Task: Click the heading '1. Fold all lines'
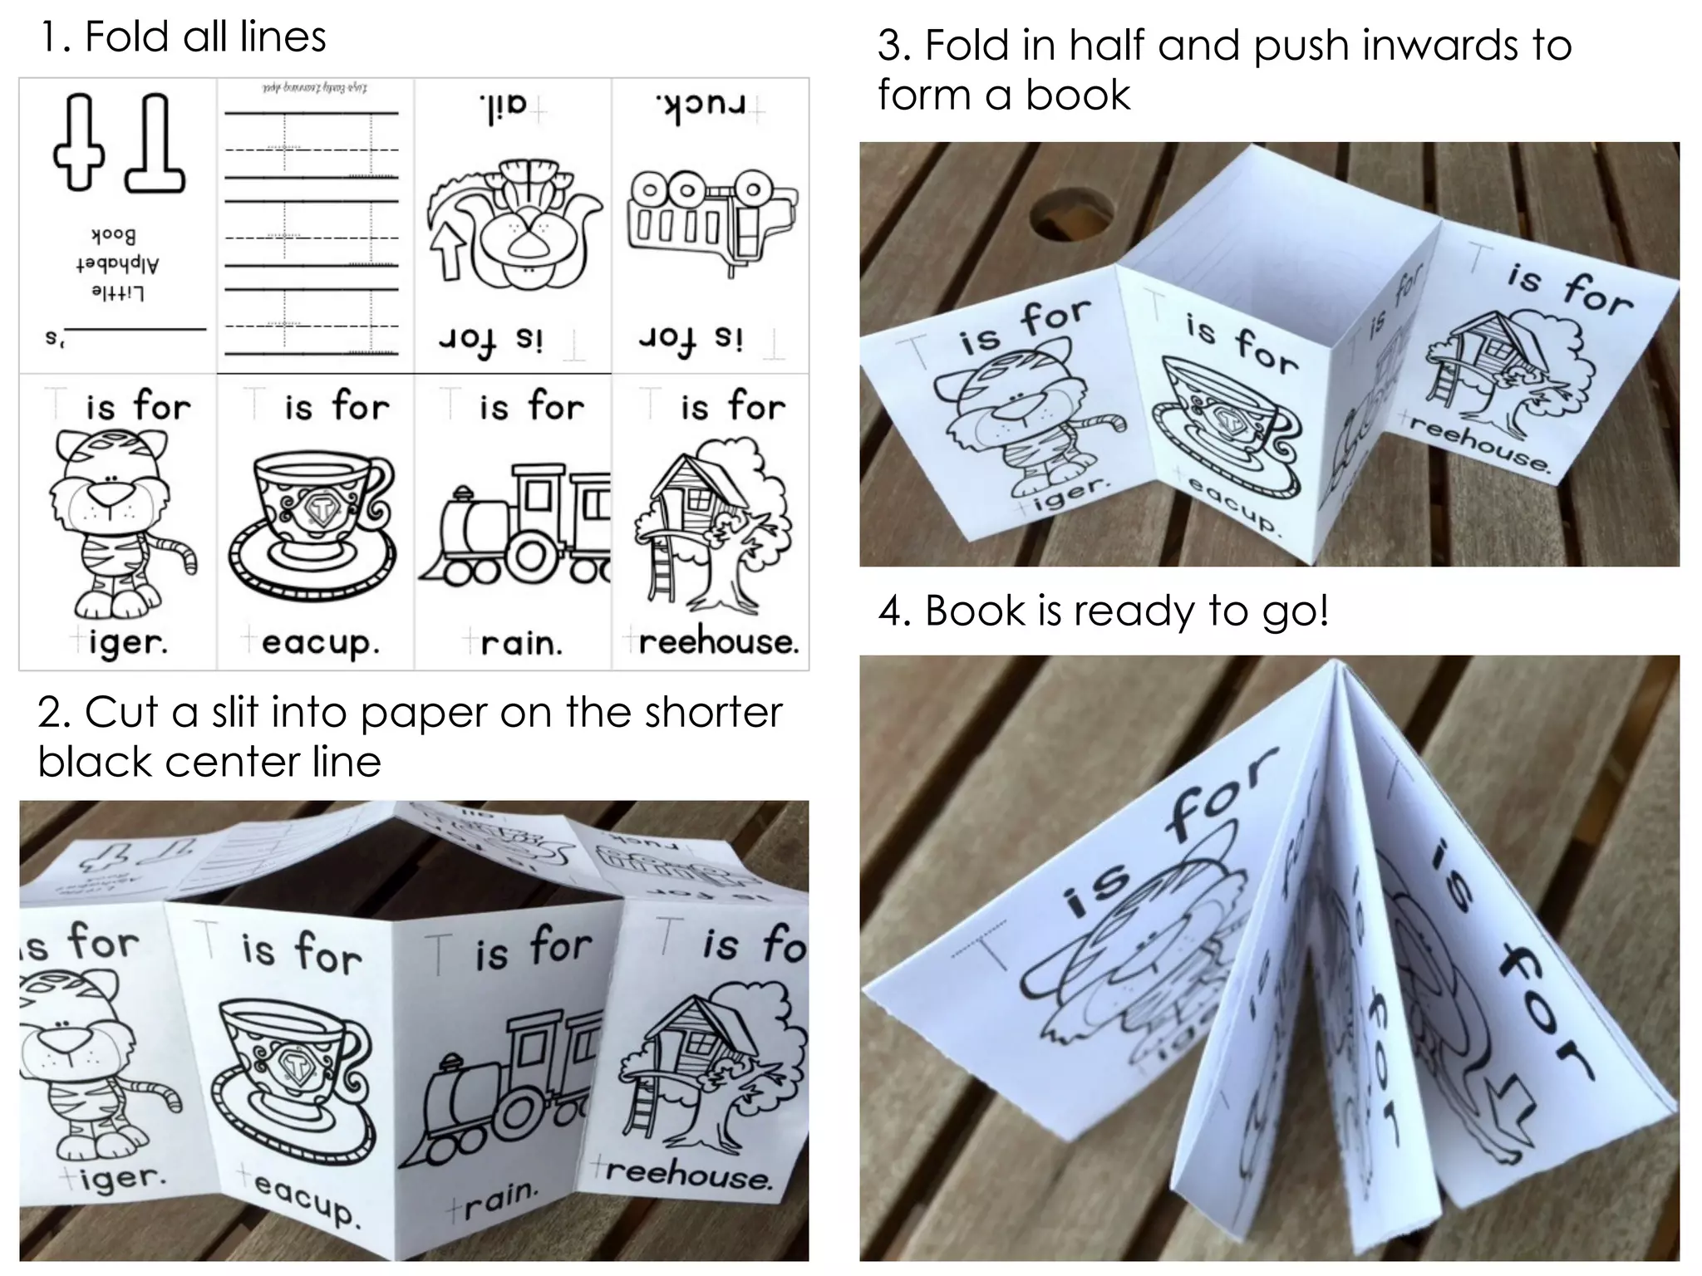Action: [x=183, y=37]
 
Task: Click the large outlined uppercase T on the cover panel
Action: [x=158, y=143]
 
